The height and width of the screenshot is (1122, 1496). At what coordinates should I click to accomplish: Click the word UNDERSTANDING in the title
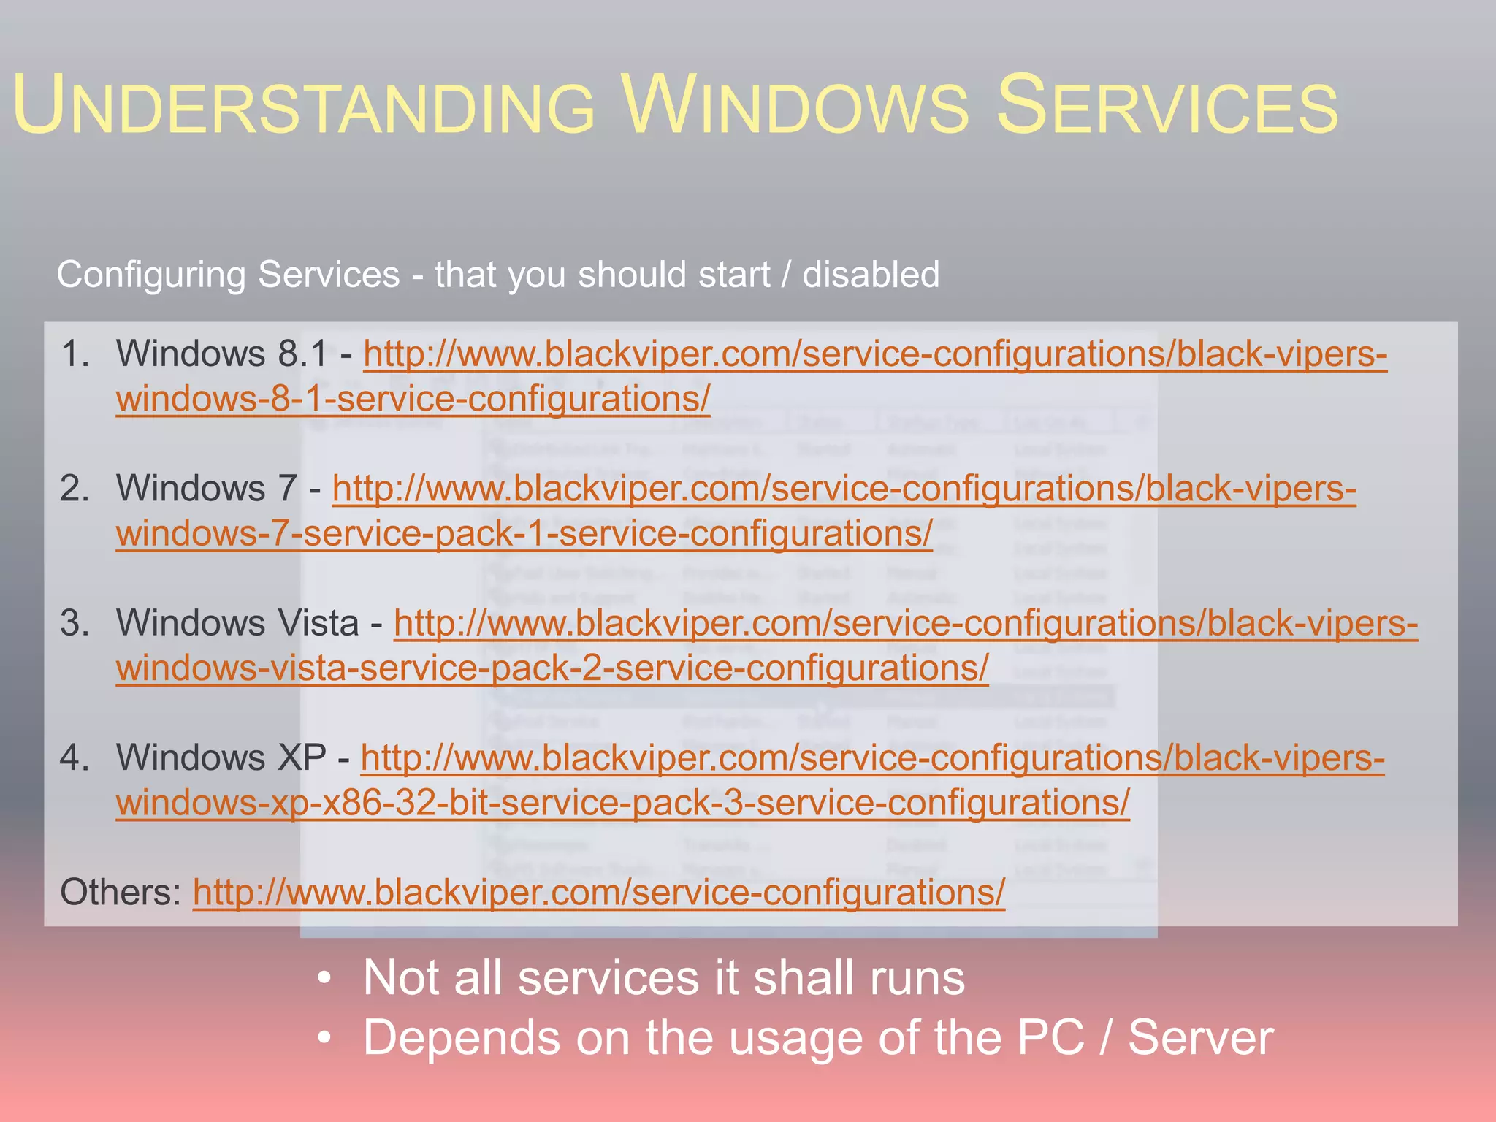tap(303, 106)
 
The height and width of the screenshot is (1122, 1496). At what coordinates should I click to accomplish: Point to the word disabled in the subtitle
tap(871, 275)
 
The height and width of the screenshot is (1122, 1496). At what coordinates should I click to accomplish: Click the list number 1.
tap(75, 354)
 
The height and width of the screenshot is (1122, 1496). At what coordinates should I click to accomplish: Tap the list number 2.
tap(75, 489)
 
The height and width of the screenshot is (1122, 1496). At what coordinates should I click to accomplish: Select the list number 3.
tap(75, 624)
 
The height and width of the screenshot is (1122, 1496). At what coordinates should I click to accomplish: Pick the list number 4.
tap(75, 758)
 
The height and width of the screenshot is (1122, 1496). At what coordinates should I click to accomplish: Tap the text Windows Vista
tap(237, 624)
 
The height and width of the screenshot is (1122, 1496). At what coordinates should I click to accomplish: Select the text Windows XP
tap(221, 758)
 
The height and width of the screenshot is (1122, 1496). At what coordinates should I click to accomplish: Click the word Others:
tap(121, 893)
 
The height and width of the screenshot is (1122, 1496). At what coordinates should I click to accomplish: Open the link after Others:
tap(599, 893)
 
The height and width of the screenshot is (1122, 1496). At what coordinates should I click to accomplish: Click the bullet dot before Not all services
tap(325, 978)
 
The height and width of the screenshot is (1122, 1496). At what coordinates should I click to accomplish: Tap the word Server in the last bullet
tap(1200, 1038)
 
